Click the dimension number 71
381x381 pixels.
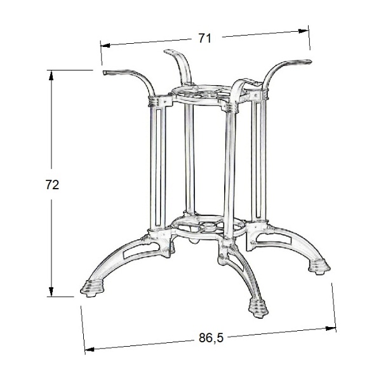(205, 38)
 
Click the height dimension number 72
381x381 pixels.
(52, 185)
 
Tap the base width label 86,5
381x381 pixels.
(211, 338)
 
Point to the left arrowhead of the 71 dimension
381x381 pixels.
(105, 46)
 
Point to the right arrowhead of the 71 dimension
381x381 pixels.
(304, 31)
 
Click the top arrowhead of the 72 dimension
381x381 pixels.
(51, 76)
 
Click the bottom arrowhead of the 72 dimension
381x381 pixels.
(51, 291)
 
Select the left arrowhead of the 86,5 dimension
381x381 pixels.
(90, 349)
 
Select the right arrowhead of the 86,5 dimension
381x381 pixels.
(331, 328)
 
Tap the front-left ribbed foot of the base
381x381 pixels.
(90, 289)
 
